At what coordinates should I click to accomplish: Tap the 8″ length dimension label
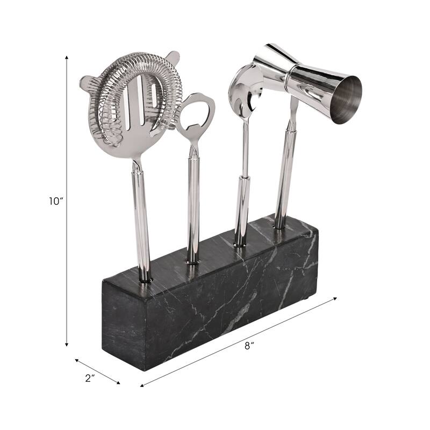point(248,347)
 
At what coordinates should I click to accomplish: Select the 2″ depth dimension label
point(90,378)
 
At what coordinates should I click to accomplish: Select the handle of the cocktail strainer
point(141,215)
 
